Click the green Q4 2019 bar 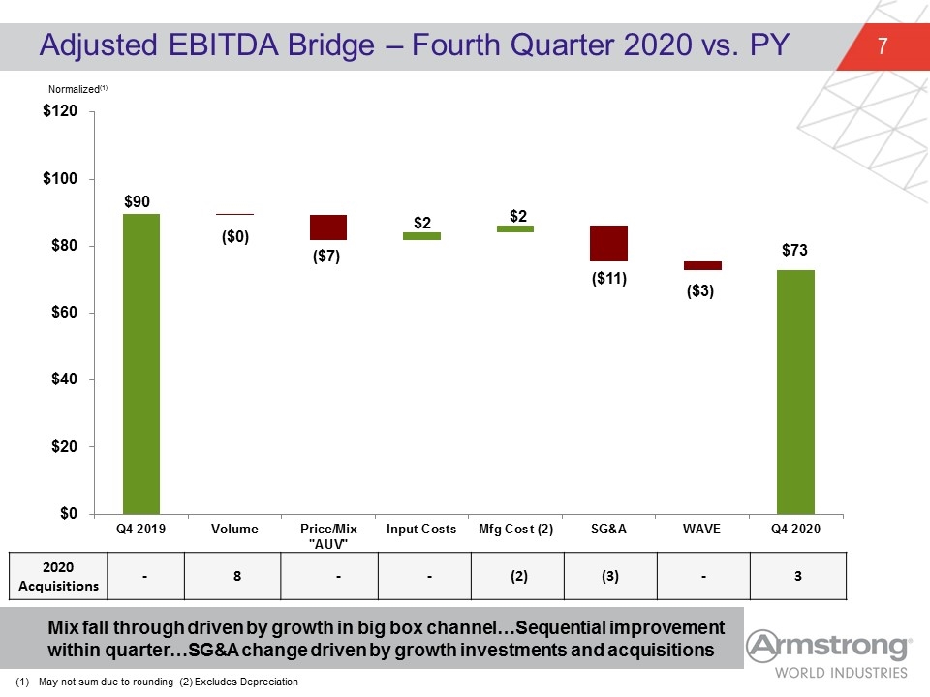click(x=141, y=364)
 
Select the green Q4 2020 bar click(x=796, y=392)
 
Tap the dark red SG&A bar click(x=608, y=244)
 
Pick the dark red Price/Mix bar click(x=328, y=227)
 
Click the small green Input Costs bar click(x=421, y=236)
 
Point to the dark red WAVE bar click(x=703, y=265)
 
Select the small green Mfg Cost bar click(x=514, y=228)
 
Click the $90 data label click(x=137, y=201)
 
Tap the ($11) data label click(x=609, y=278)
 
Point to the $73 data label click(x=794, y=250)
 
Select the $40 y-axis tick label click(x=64, y=379)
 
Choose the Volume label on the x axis click(x=234, y=529)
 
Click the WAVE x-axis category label click(x=701, y=529)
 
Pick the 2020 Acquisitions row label click(x=58, y=576)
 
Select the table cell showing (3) click(x=610, y=576)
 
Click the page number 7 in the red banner click(x=883, y=45)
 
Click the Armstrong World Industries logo click(x=828, y=654)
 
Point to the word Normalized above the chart click(x=75, y=89)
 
